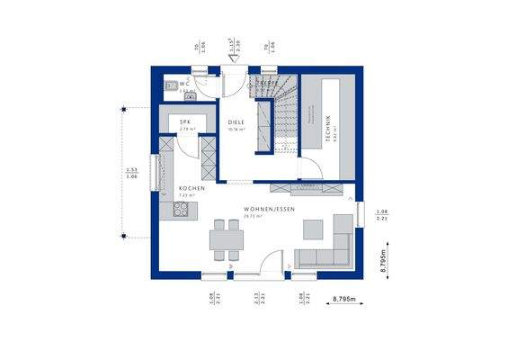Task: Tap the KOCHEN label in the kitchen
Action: (x=192, y=188)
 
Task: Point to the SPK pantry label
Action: (x=185, y=121)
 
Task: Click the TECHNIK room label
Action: (x=329, y=126)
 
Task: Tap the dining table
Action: (x=227, y=238)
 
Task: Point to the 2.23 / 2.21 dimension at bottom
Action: (x=259, y=298)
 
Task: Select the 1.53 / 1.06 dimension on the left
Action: (x=131, y=172)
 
